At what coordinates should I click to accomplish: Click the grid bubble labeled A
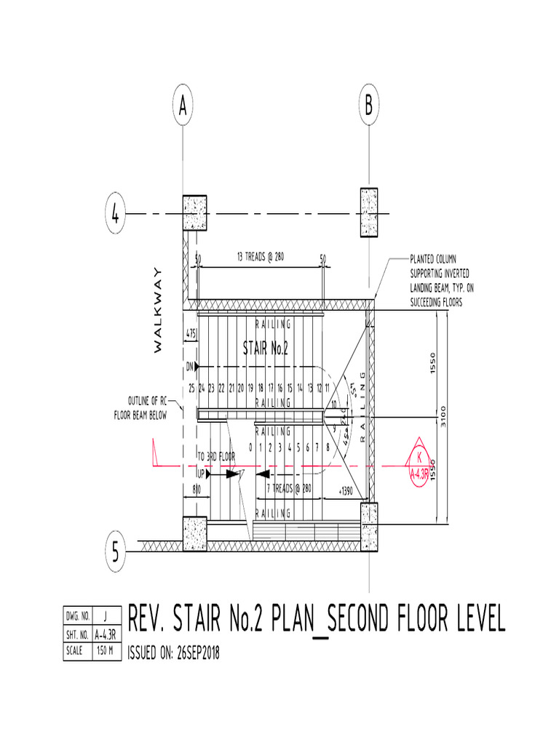tap(183, 107)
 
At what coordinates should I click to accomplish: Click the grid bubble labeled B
tap(369, 107)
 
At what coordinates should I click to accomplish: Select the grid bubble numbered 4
tap(116, 214)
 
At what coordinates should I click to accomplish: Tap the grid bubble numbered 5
tap(116, 550)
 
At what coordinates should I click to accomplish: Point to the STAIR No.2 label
tap(266, 348)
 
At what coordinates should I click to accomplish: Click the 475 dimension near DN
tap(191, 333)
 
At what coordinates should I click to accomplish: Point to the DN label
tap(191, 365)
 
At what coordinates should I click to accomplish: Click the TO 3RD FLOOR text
tap(216, 456)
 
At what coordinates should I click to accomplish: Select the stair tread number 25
tap(191, 388)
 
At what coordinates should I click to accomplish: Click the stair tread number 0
tap(250, 447)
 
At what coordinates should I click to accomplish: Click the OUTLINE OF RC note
tap(148, 401)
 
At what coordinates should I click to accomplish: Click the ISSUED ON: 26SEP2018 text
tap(173, 653)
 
